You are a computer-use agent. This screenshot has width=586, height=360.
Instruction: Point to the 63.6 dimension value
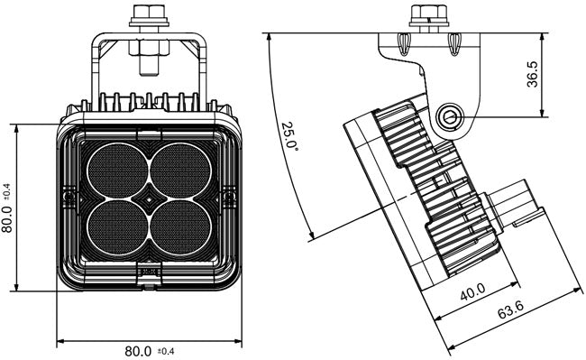511,311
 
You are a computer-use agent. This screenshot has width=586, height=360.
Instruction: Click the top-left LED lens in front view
118,169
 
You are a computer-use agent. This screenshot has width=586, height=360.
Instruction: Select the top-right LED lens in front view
180,169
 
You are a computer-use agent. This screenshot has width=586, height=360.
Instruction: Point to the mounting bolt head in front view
148,14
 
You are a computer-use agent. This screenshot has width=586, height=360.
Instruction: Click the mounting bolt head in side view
428,14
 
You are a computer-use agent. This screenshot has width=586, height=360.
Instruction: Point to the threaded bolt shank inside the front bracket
148,60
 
